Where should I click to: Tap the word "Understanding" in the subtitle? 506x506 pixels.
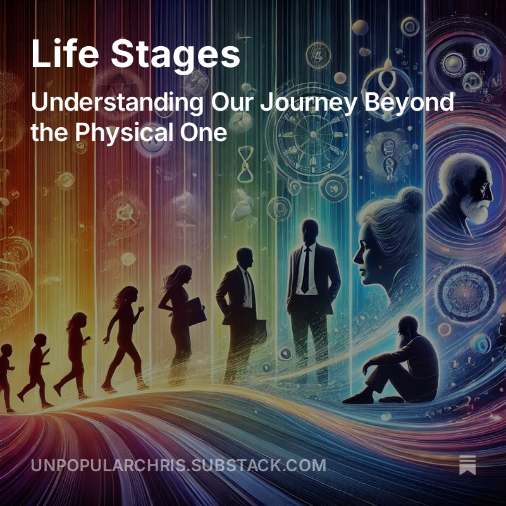(116, 102)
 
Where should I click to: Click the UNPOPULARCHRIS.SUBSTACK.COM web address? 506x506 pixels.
(178, 466)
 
